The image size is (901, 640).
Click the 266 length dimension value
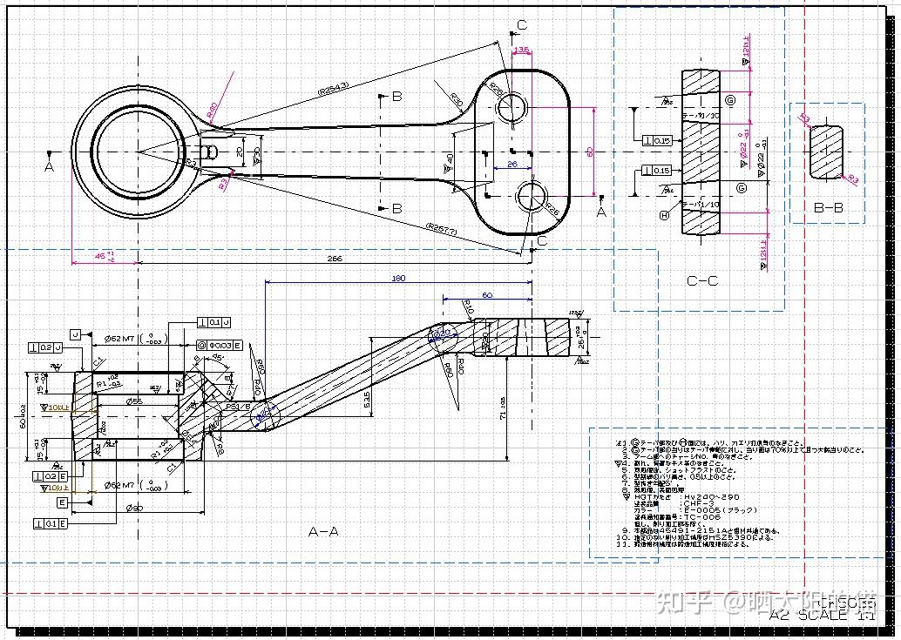tap(334, 259)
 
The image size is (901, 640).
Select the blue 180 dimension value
tap(398, 279)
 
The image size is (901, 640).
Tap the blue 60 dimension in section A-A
tap(487, 296)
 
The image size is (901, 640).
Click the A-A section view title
tap(324, 530)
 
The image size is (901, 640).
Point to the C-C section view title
tap(702, 281)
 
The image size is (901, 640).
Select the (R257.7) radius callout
tap(443, 228)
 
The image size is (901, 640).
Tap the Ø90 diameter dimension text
tap(136, 508)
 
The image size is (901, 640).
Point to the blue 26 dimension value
tap(511, 163)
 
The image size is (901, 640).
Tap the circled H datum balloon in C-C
tap(664, 215)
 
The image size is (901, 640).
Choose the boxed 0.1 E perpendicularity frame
tap(51, 523)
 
